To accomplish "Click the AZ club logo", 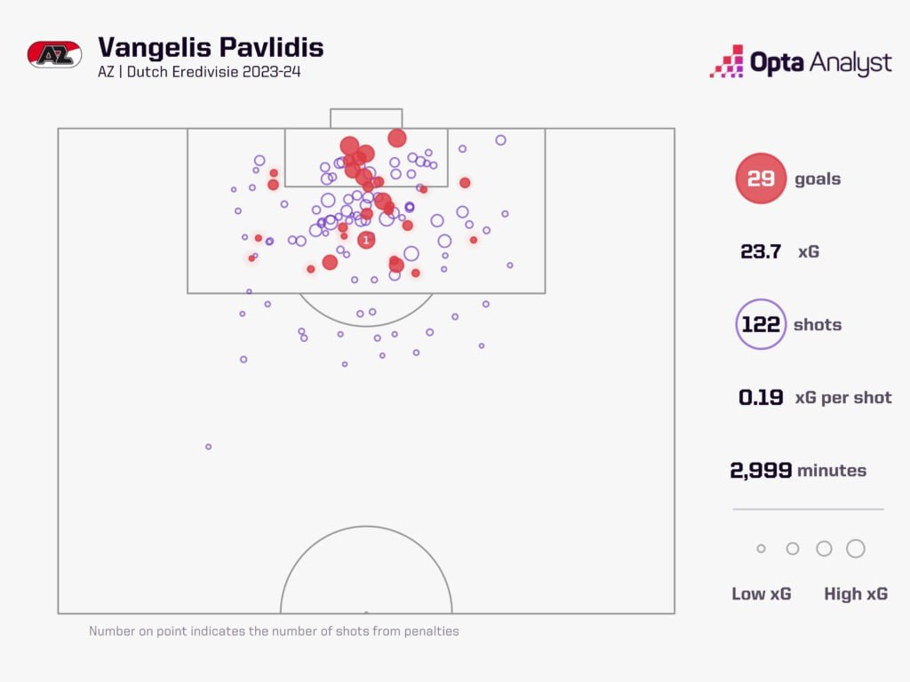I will [55, 54].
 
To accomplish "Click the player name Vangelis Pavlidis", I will [211, 47].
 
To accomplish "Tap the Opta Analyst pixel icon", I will [726, 61].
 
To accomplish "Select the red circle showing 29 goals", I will [761, 178].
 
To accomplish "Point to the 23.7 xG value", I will [761, 251].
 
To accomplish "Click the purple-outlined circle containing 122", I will [761, 324].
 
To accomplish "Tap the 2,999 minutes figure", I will [761, 471].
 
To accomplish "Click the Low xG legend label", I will [762, 594].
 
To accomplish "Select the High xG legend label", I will [856, 594].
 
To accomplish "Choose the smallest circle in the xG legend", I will [761, 549].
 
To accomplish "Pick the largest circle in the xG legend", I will [856, 549].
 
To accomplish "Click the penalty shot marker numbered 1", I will [366, 240].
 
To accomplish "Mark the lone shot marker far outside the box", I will [209, 447].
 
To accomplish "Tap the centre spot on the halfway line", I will [366, 612].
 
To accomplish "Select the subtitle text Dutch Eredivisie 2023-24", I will [214, 72].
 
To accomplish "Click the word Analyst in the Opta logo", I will [850, 63].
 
